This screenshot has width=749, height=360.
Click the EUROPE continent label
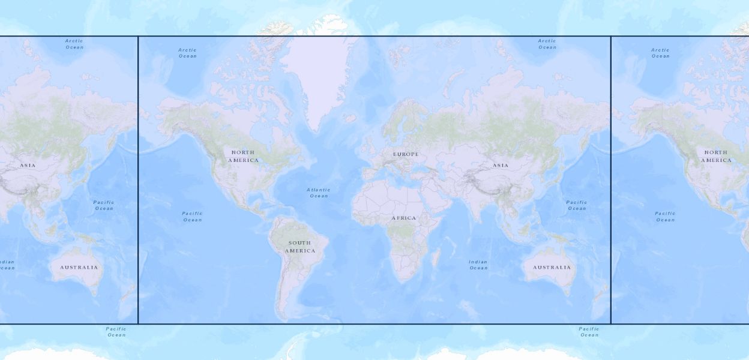pyautogui.click(x=406, y=155)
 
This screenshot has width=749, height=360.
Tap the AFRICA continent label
pyautogui.click(x=403, y=218)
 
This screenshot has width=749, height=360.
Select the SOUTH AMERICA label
pyautogui.click(x=299, y=247)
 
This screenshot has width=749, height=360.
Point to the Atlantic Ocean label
pyautogui.click(x=319, y=193)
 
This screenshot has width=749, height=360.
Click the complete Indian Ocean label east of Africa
pyautogui.click(x=478, y=265)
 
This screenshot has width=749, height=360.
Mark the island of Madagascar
pyautogui.click(x=436, y=258)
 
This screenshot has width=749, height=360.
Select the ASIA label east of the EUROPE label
pyautogui.click(x=501, y=166)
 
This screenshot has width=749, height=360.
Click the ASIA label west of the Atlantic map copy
pyautogui.click(x=28, y=166)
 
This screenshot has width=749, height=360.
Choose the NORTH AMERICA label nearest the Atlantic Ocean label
pyautogui.click(x=243, y=157)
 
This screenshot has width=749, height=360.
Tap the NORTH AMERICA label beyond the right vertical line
pyautogui.click(x=716, y=157)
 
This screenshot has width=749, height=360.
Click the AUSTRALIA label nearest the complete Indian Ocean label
pyautogui.click(x=552, y=268)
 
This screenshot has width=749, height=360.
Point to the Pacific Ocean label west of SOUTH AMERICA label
pyautogui.click(x=193, y=217)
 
